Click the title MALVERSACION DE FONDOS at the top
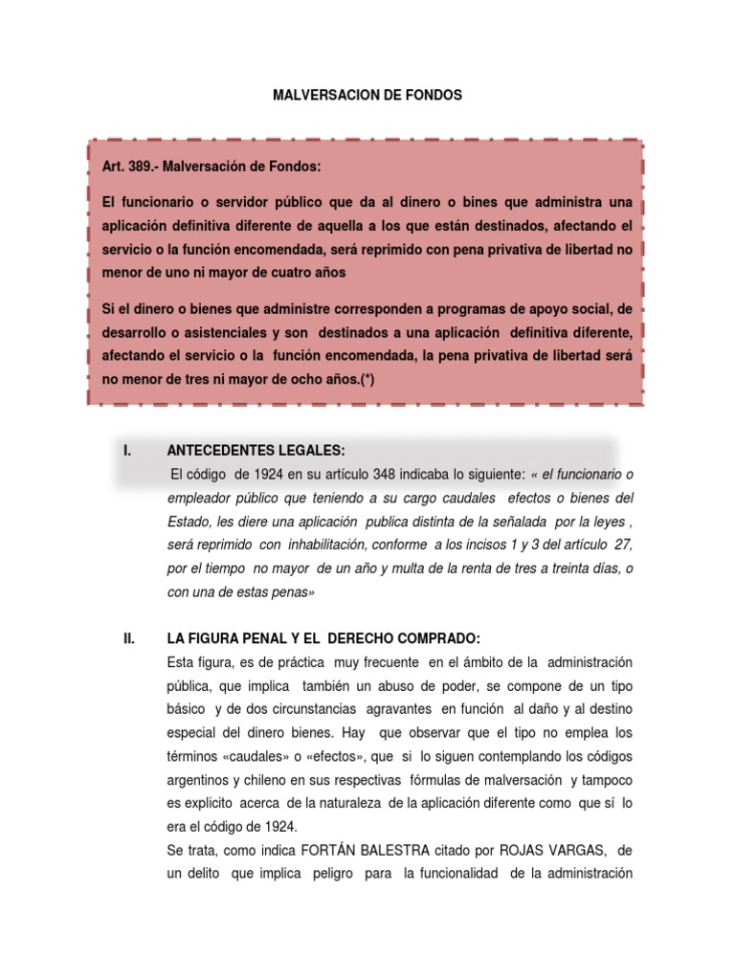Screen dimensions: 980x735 point(367,96)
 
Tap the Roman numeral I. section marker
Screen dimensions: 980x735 point(127,451)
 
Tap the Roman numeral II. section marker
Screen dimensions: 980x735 point(129,638)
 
